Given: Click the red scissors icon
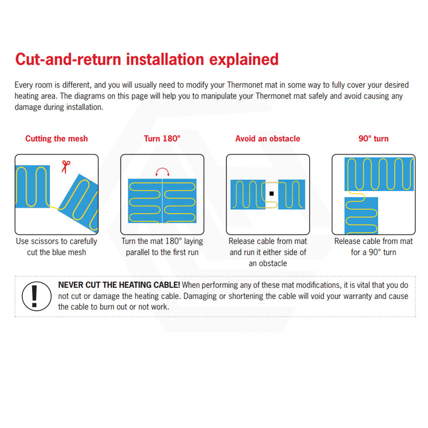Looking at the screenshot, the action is coord(65,167).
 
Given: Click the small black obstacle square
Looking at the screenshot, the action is coord(271,194).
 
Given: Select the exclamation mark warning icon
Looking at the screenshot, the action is coord(36,296).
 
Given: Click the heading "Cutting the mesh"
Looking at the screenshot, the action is coord(57,139).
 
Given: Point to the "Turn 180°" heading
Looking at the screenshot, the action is coord(162,139).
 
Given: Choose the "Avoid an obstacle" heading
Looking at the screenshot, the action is coord(268,139).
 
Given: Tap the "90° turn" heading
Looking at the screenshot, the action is coord(373,139).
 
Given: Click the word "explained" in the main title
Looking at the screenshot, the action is coord(244,60).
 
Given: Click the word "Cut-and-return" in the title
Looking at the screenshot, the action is coord(68,59).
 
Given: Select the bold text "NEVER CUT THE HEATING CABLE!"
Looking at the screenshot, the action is coord(119,285).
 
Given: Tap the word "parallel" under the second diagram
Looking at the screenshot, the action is coord(138,253).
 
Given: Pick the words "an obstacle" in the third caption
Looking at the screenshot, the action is coord(268,263).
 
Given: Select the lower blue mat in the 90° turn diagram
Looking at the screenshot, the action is coord(361,216).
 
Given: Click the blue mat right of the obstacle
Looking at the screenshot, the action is coord(292,194).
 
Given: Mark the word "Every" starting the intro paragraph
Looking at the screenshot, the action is coord(22,85).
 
